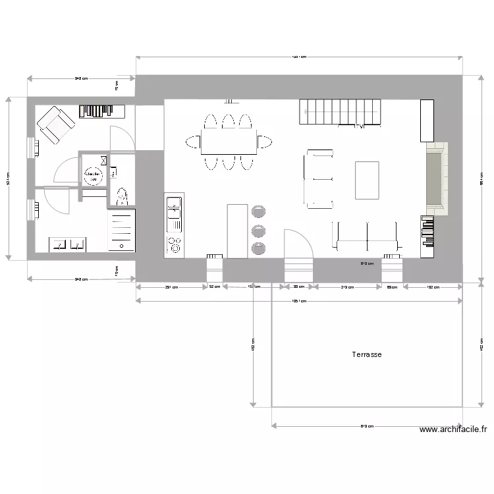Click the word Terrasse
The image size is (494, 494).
tap(367, 354)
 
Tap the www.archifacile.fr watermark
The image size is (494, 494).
tap(453, 429)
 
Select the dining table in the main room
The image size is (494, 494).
tap(229, 142)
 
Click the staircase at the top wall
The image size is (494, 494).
tap(341, 111)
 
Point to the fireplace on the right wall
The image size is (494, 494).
tap(435, 178)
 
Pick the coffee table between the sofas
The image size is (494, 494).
tap(367, 180)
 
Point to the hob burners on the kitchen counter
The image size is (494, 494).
tap(175, 244)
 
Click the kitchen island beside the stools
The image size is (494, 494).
tap(236, 231)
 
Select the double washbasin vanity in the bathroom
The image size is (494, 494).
tap(69, 244)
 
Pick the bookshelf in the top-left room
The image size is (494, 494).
tap(96, 111)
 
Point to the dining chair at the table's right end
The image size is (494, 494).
tap(265, 142)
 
